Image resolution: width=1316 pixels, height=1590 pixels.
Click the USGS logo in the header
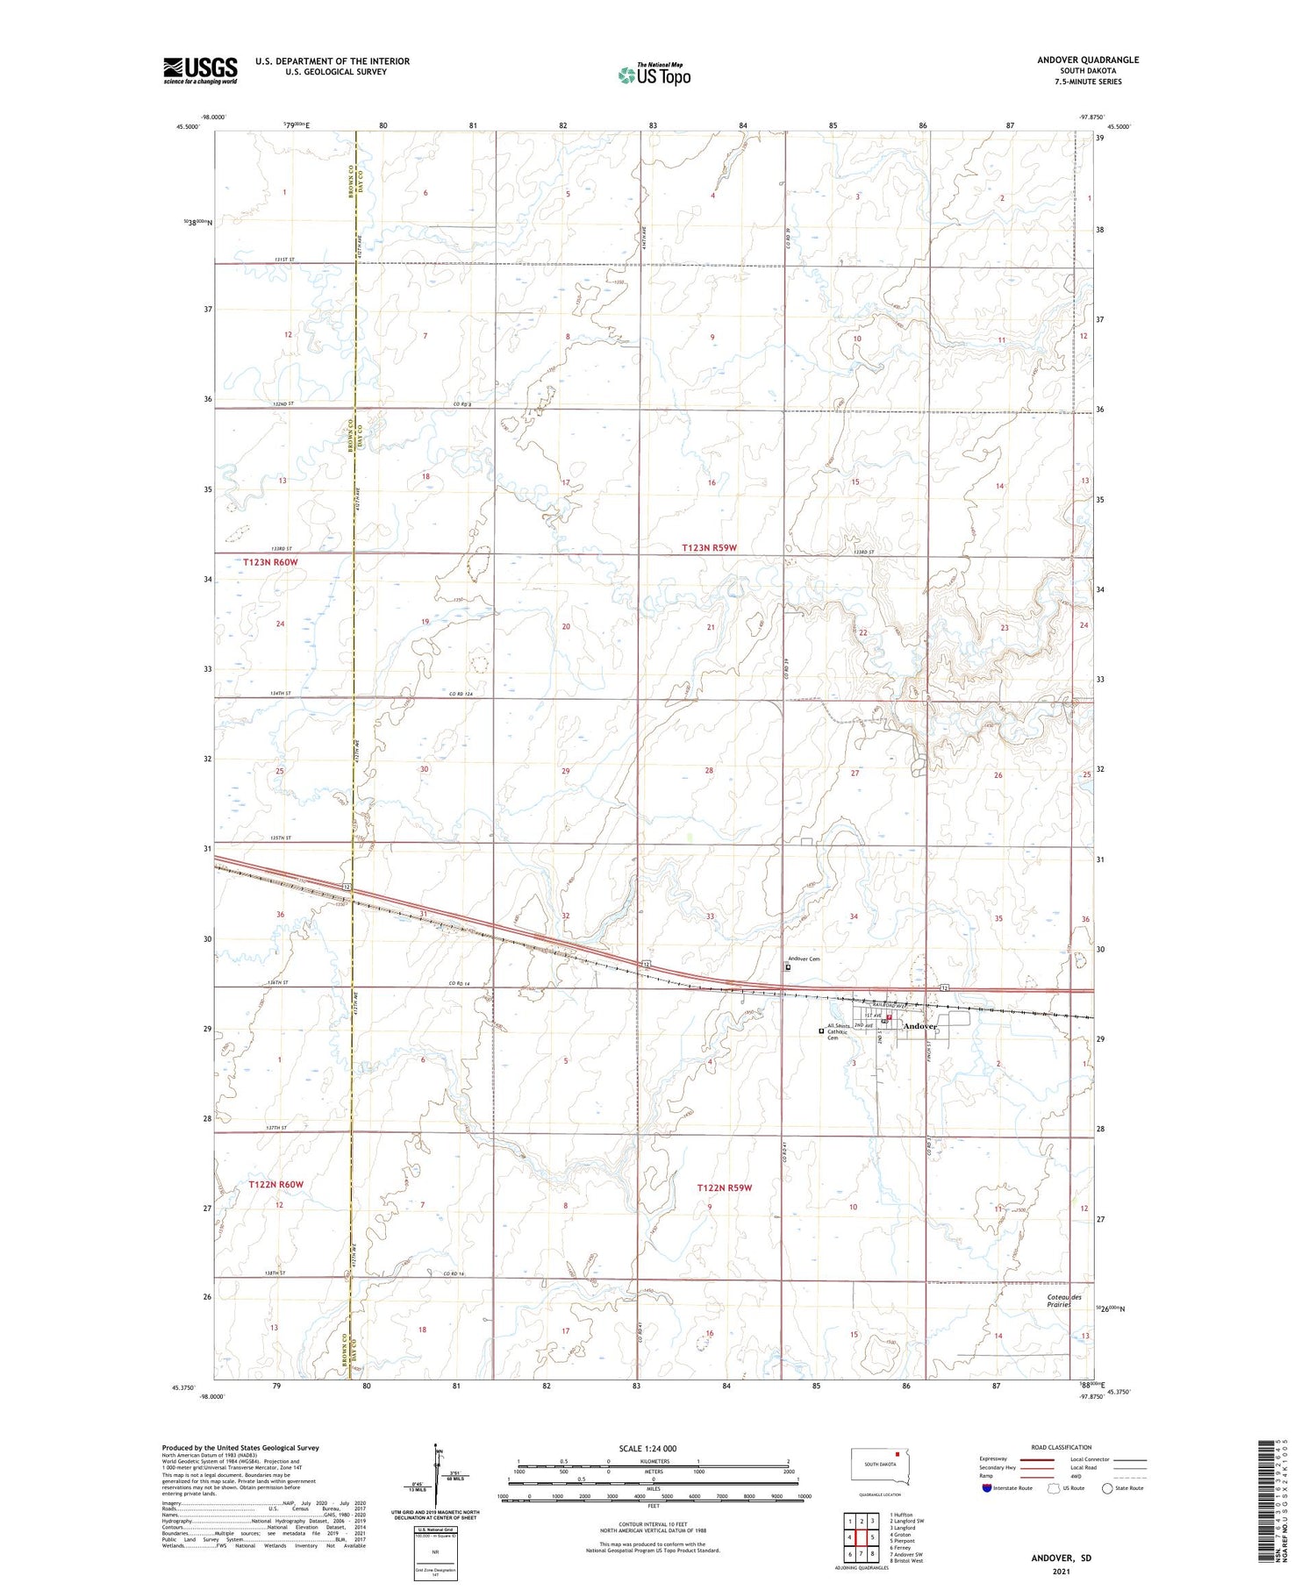click(200, 69)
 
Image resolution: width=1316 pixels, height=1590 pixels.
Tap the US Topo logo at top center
click(654, 75)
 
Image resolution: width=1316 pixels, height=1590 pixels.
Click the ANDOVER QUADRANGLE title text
click(1087, 60)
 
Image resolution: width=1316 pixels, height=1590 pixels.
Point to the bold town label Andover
click(920, 1025)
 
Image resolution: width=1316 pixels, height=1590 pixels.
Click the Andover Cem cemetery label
click(804, 959)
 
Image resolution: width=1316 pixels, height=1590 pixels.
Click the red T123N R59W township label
click(710, 547)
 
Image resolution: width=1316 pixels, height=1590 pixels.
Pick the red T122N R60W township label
click(275, 1184)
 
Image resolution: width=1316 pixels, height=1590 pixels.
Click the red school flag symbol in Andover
click(889, 1018)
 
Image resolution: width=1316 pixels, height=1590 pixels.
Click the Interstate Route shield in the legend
click(987, 1488)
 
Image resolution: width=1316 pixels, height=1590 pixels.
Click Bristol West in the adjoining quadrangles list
click(906, 1561)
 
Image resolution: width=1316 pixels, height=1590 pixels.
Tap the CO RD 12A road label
click(461, 695)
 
